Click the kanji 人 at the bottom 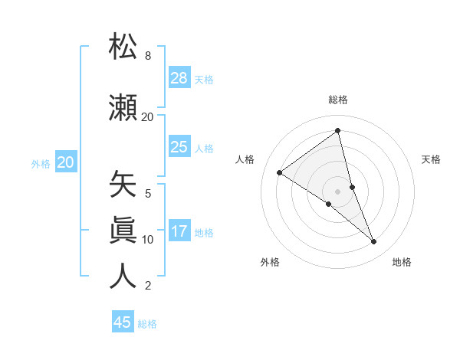coord(123,276)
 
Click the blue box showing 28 coord(179,77)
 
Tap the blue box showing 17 coord(179,231)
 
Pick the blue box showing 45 coord(123,322)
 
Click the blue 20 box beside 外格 coord(66,162)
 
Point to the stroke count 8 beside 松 coord(147,56)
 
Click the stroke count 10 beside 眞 coord(147,240)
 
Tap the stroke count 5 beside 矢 coord(147,194)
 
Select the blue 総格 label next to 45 coord(147,324)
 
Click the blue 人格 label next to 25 coord(204,148)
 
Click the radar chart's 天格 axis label coord(431,159)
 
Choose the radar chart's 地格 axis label coord(402,262)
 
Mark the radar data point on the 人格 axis coord(280,173)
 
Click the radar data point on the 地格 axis coord(374,242)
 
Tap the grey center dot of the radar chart coord(337,191)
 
